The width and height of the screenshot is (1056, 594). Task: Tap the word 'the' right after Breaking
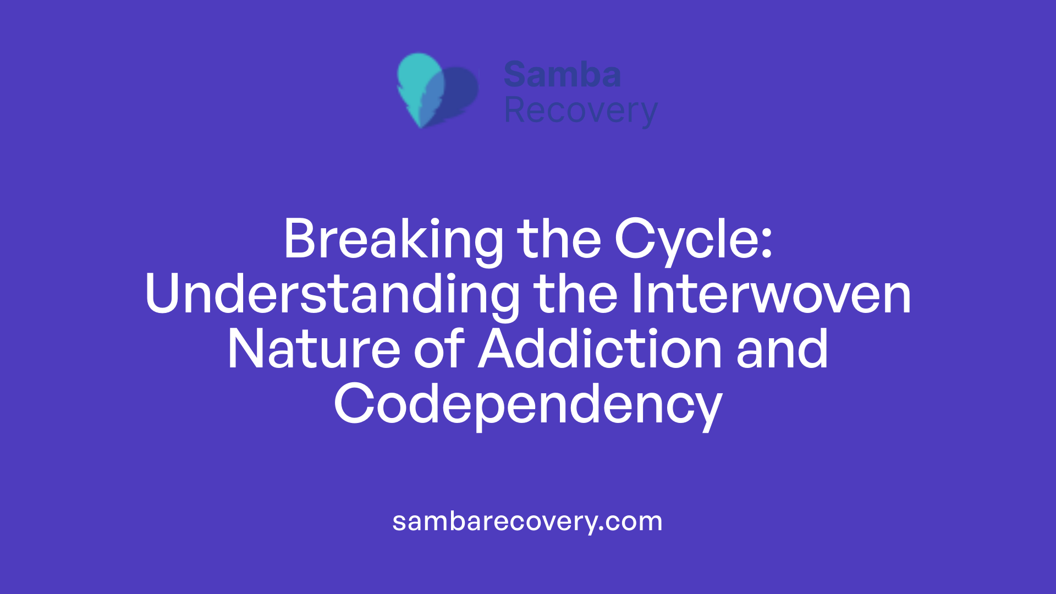pos(559,240)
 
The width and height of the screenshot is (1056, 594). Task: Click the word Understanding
pos(332,295)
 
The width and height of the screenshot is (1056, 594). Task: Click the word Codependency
pos(528,405)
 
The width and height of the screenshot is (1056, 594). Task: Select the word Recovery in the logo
pos(581,111)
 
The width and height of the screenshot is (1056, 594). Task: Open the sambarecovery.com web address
pos(527,521)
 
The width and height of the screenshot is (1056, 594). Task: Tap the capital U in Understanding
pos(163,295)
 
